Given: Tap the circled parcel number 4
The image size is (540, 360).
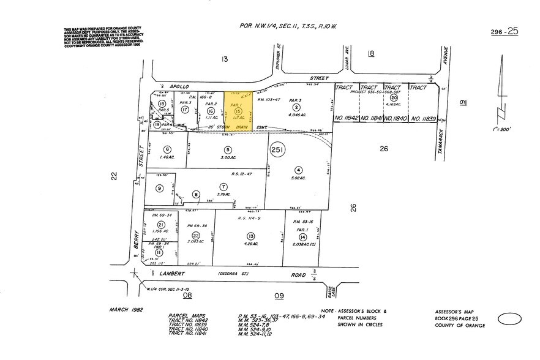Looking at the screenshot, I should tap(298, 170).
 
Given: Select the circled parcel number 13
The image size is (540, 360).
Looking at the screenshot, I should tap(250, 236).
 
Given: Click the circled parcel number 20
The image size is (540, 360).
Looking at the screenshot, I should tap(394, 97).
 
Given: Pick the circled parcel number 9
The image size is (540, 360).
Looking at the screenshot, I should tap(159, 189).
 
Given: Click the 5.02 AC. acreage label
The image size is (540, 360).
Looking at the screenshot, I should tap(298, 179).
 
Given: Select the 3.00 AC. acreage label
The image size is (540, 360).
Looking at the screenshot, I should tap(228, 157).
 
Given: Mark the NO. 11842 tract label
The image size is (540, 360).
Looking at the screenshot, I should tap(347, 118).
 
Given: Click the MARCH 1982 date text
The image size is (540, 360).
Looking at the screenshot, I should tap(125, 310).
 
